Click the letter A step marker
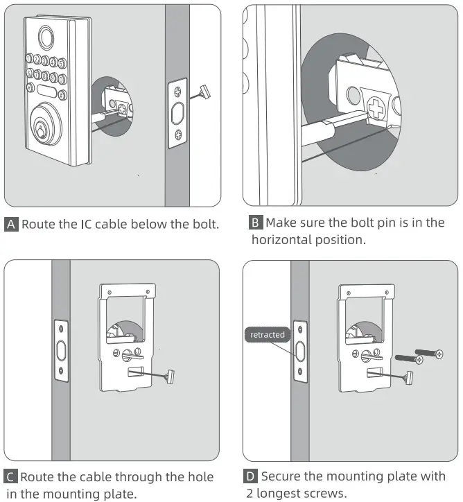12,224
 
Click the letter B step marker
256,223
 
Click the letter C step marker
12,477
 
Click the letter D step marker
250,477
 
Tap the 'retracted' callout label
268,334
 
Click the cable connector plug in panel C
169,377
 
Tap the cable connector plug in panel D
408,378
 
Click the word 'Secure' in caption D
284,477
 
